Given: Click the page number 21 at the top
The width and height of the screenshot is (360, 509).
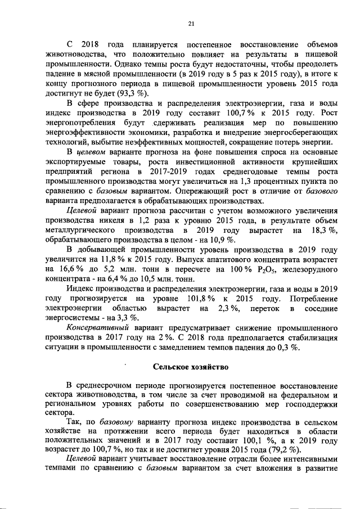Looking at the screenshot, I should tap(191, 23).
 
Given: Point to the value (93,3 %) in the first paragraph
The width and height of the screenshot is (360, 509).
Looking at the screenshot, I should tap(134, 93).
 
